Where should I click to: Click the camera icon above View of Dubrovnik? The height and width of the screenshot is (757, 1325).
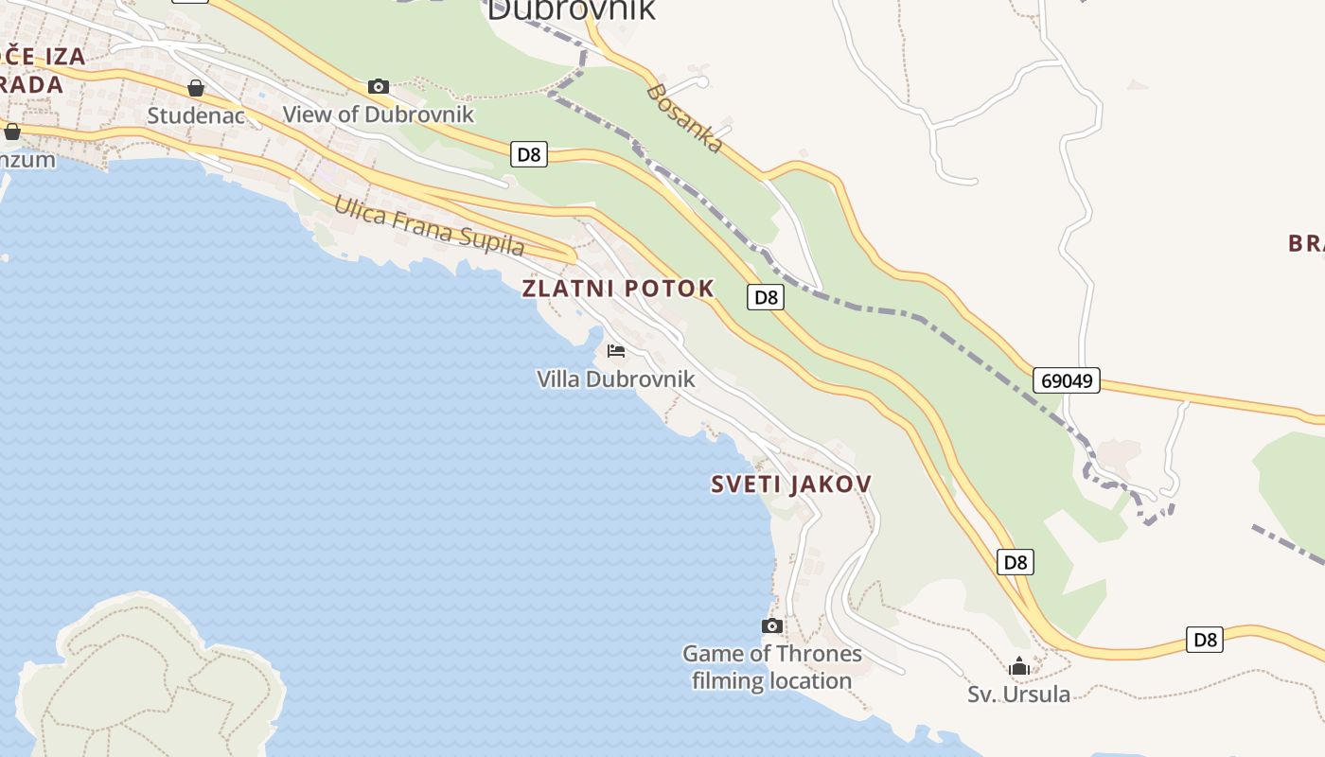(x=379, y=87)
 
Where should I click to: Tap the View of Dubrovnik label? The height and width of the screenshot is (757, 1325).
(x=379, y=114)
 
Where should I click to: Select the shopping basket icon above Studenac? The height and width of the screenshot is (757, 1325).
(x=196, y=89)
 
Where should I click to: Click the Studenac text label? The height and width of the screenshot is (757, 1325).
(x=196, y=116)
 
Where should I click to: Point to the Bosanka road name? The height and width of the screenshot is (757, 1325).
(x=686, y=117)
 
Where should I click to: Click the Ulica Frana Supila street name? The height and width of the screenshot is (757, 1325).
(x=429, y=226)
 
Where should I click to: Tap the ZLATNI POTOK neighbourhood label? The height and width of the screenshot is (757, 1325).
(x=618, y=290)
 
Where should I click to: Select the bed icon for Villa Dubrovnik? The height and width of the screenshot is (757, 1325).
(x=616, y=351)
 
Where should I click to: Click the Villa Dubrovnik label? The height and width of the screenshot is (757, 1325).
(x=616, y=379)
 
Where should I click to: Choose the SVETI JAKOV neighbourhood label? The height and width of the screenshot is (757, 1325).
(x=791, y=484)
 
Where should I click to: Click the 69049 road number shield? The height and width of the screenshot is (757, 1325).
(x=1066, y=380)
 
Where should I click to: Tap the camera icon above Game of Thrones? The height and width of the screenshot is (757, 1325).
(x=772, y=625)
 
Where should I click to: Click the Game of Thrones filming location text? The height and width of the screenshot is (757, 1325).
(x=772, y=667)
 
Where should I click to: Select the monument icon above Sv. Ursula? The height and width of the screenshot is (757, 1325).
(x=1018, y=666)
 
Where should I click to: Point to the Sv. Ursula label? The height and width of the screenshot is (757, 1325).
(x=1018, y=695)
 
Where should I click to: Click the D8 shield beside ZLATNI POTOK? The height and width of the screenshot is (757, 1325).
(x=766, y=297)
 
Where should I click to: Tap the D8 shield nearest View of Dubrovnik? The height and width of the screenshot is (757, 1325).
(x=529, y=154)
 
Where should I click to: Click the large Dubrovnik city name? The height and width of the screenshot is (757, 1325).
(x=571, y=9)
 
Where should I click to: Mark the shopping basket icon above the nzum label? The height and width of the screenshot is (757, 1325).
(x=12, y=132)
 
